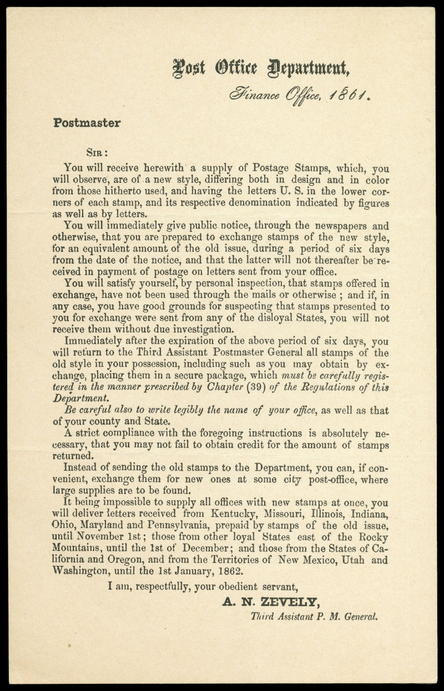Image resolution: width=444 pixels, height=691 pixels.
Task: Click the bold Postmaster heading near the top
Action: pyautogui.click(x=87, y=123)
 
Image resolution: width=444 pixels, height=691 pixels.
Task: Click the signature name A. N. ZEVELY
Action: pyautogui.click(x=270, y=601)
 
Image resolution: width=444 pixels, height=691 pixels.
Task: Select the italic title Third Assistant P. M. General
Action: pyautogui.click(x=315, y=615)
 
